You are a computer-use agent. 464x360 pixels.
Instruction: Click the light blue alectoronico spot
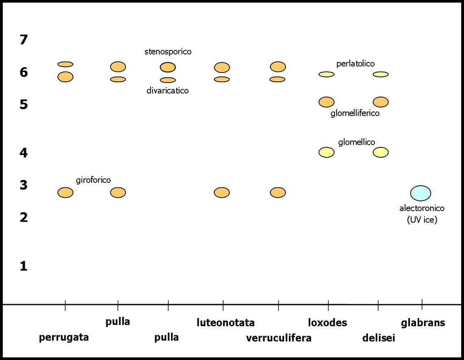(x=420, y=193)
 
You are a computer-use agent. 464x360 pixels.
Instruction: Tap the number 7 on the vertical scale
(x=24, y=40)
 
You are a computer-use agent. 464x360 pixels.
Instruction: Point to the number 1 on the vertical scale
(x=24, y=266)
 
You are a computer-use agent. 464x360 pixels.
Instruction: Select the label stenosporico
(x=168, y=52)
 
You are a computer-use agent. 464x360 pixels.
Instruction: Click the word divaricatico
(x=168, y=90)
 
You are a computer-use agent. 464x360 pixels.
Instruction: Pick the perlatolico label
(x=355, y=63)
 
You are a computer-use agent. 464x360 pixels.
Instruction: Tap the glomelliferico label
(x=355, y=113)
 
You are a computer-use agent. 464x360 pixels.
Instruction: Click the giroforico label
(x=93, y=180)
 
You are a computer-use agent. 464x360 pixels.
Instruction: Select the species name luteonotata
(x=225, y=323)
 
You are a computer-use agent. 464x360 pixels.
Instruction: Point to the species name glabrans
(x=423, y=323)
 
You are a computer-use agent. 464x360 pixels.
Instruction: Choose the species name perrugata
(x=64, y=337)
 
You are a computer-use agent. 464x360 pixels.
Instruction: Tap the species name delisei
(x=379, y=338)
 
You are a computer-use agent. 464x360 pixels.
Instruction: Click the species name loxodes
(x=327, y=323)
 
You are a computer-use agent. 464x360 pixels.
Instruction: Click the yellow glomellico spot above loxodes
(x=326, y=153)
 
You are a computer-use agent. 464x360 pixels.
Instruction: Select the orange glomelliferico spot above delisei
(x=381, y=102)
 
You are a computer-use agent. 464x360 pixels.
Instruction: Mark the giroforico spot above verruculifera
(x=278, y=192)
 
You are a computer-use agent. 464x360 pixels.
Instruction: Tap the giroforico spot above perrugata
(x=65, y=192)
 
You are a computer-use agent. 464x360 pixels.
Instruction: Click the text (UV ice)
(x=422, y=220)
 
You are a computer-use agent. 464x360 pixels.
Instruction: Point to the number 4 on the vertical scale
(x=24, y=153)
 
